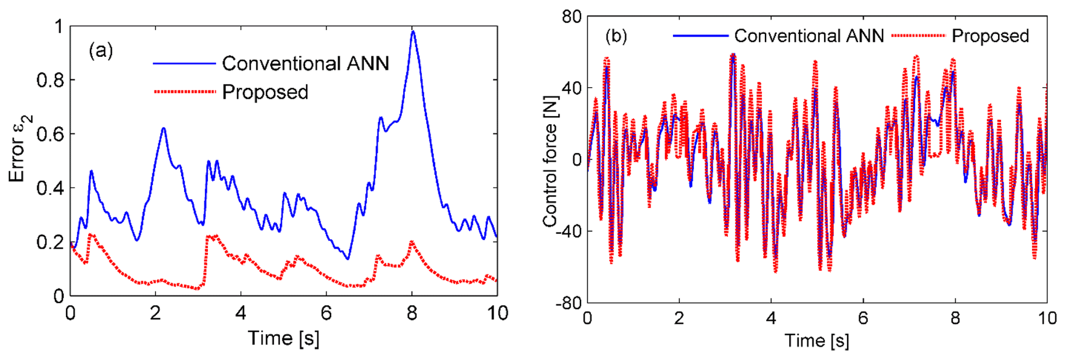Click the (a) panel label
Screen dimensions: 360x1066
click(x=101, y=51)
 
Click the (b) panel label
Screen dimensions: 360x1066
click(x=616, y=36)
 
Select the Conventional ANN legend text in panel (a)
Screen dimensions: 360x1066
click(x=305, y=63)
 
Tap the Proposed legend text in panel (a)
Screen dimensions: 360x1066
click(x=265, y=92)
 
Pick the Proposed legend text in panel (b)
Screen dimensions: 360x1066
click(x=990, y=36)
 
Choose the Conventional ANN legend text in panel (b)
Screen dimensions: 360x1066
click(x=809, y=36)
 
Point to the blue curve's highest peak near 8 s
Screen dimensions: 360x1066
click(x=413, y=32)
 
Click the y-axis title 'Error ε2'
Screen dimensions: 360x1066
click(x=20, y=149)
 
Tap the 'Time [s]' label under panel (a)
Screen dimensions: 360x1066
click(x=284, y=338)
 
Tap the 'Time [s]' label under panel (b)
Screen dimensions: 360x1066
click(x=817, y=340)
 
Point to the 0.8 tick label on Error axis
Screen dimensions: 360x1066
click(x=50, y=80)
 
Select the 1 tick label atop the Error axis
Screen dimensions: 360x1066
click(x=58, y=26)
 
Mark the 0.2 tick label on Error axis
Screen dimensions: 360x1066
click(x=50, y=242)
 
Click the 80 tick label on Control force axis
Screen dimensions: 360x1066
click(x=571, y=17)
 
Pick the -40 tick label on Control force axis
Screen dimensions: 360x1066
click(x=568, y=231)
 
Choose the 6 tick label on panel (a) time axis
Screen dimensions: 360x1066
click(x=326, y=313)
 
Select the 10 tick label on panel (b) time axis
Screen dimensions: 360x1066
click(x=1047, y=318)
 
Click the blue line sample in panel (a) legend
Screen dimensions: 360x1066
click(x=184, y=63)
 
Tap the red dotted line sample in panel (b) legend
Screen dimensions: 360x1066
click(x=919, y=36)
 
